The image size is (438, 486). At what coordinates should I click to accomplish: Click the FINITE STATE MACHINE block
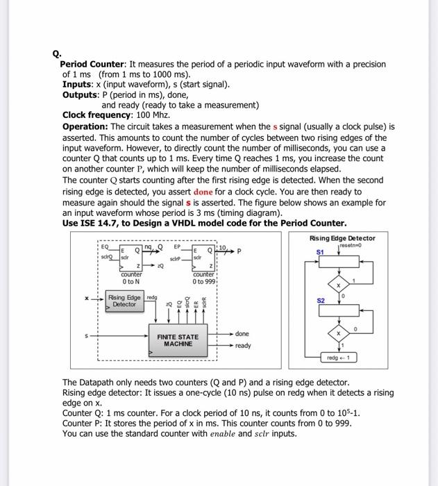coord(177,340)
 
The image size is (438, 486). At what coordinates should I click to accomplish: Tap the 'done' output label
coord(242,334)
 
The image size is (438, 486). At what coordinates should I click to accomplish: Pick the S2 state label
coord(321,301)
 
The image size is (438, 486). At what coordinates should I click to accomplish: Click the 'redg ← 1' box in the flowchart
coord(339,358)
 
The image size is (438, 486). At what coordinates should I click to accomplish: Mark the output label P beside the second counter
coord(238,252)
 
